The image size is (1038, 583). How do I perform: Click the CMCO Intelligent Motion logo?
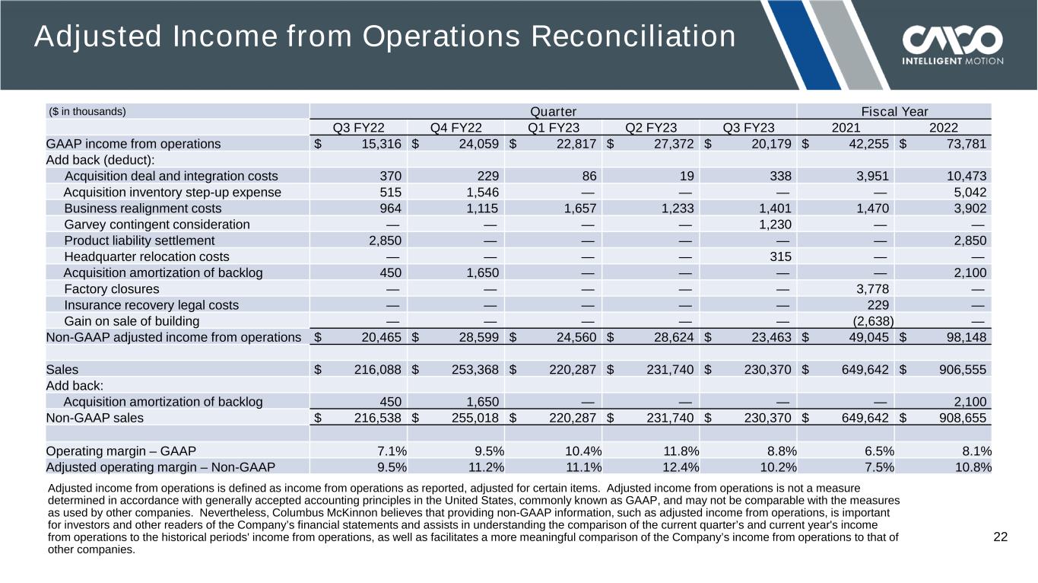coord(952,44)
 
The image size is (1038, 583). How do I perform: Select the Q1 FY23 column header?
coord(554,128)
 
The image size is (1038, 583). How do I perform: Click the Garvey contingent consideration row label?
coord(157,225)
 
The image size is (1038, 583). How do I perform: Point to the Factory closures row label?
coord(112,289)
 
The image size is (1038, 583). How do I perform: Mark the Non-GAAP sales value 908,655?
coord(962,418)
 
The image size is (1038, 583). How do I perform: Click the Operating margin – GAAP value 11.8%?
coord(681,451)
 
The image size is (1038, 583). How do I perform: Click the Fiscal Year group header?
coord(894,111)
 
